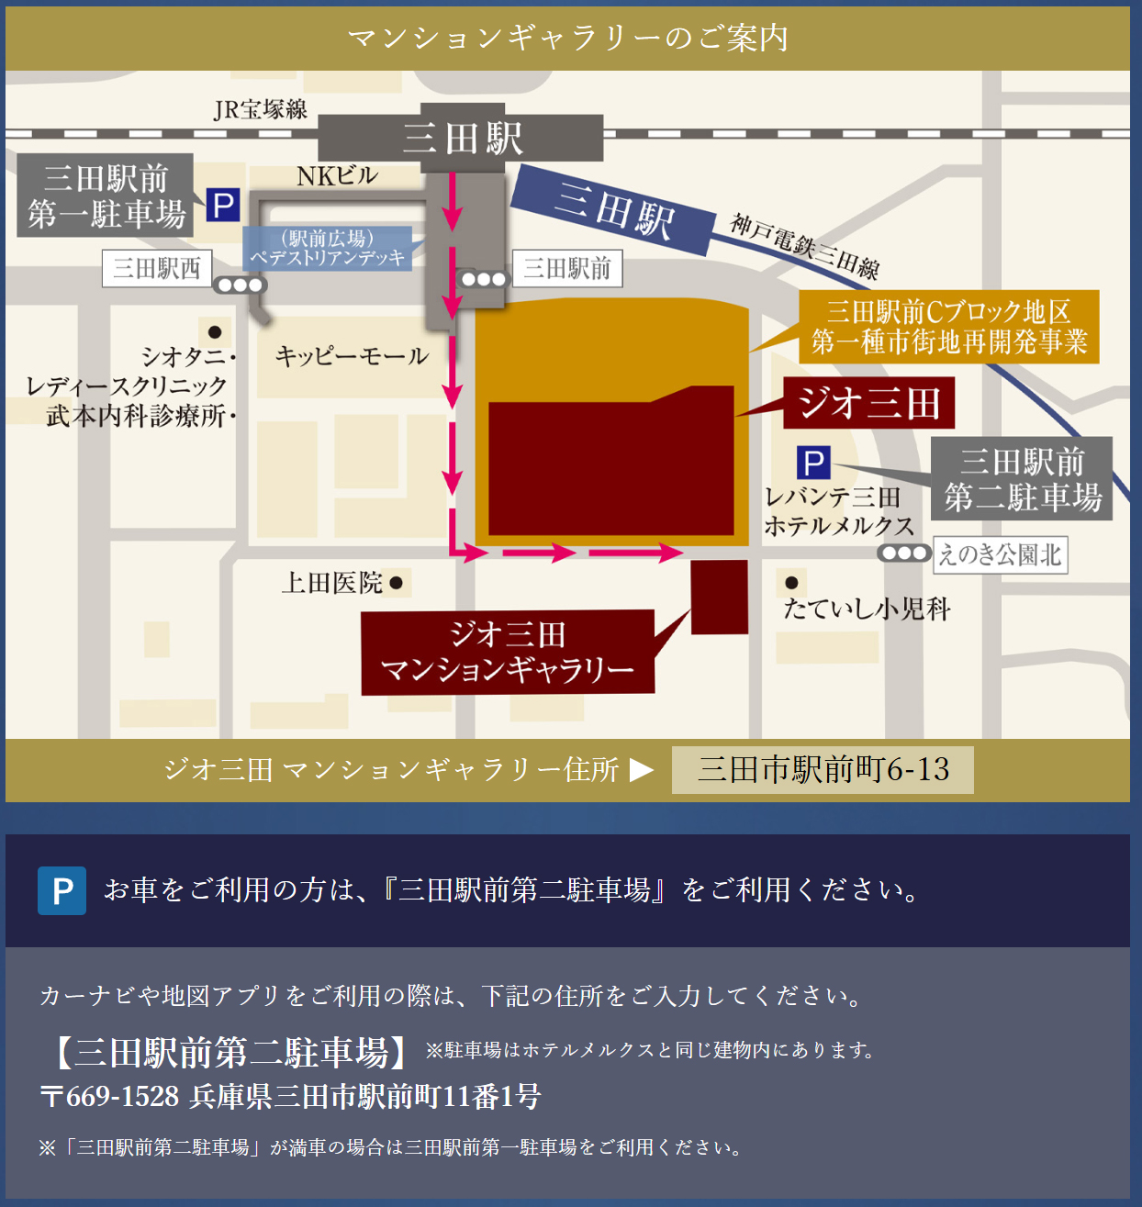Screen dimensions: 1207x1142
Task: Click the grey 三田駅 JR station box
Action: pos(462,138)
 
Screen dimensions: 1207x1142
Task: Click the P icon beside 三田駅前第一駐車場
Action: pos(222,205)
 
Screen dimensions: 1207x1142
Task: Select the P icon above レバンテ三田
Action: pos(812,463)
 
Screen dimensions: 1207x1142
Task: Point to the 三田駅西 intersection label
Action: pos(157,268)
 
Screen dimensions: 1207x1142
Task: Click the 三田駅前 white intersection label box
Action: pos(567,268)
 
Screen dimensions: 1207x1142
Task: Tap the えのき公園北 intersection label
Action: pos(1000,555)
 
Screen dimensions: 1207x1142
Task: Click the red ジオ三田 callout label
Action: pos(868,404)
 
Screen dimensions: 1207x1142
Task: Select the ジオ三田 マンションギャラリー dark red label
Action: pos(508,653)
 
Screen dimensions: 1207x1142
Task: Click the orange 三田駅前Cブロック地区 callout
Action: pos(949,327)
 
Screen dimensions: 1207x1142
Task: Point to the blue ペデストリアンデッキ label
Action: pos(328,248)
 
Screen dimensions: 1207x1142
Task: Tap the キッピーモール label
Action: pos(352,356)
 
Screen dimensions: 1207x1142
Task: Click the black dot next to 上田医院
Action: pos(397,583)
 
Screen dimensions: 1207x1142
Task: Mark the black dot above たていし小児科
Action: pos(791,582)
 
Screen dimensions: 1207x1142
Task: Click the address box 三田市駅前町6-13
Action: pos(823,769)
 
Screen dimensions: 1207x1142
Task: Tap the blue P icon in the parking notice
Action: pos(62,890)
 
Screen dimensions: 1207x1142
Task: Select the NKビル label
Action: pos(337,175)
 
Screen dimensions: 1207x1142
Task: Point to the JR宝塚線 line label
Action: pos(260,109)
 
